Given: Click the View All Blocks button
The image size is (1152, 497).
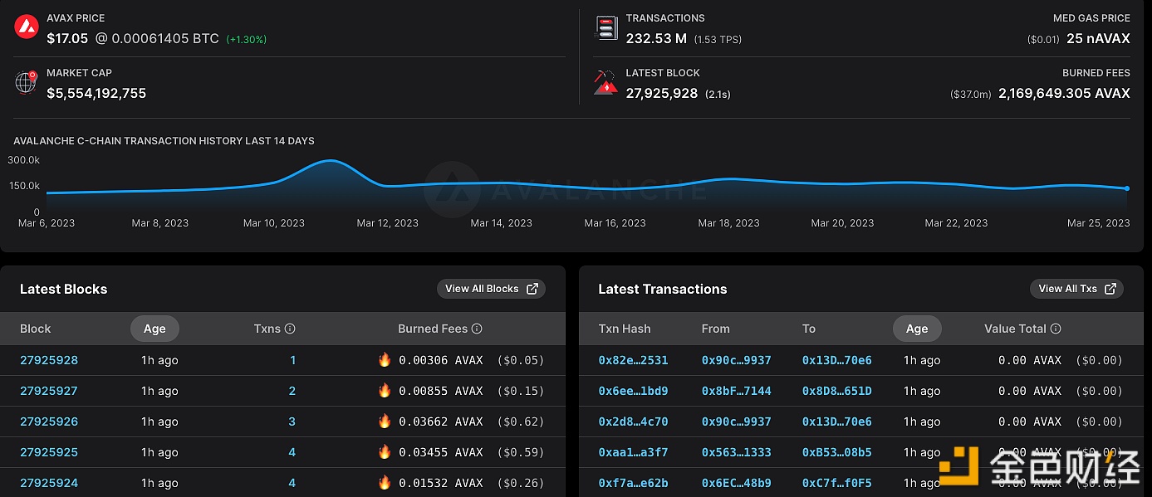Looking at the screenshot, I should coord(491,289).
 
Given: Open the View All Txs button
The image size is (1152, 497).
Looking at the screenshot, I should coord(1076,289).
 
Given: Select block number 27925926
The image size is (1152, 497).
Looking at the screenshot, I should coord(49,421).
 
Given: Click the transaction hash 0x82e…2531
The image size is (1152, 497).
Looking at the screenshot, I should coord(633,360).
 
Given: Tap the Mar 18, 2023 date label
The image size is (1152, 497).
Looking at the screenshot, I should coord(728,223).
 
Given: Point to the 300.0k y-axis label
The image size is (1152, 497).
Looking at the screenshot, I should coord(24,159).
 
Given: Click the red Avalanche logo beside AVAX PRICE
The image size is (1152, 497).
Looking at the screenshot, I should coord(27,27).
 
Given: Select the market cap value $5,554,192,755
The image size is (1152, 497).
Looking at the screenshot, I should coord(96,93).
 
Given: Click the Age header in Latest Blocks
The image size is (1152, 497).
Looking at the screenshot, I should coord(154,329).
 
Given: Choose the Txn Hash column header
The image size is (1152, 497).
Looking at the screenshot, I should coord(625,329).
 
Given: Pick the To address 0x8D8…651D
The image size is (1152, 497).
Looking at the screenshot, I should coord(836,391).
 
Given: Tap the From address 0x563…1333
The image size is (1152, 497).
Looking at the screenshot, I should coord(736,452).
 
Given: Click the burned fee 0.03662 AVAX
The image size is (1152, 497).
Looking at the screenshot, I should coord(440,421).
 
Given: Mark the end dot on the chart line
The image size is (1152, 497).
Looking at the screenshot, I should coord(1126,188).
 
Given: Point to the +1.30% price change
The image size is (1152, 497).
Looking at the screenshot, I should coord(247,39).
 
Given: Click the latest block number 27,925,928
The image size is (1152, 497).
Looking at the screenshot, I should coord(661,93).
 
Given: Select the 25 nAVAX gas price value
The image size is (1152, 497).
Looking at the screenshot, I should coord(1098,38).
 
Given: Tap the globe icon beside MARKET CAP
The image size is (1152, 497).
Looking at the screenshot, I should coord(27,82).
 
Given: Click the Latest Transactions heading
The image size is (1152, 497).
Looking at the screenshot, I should coord(662,289).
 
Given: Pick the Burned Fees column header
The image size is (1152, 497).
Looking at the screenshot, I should coord(433,329).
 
